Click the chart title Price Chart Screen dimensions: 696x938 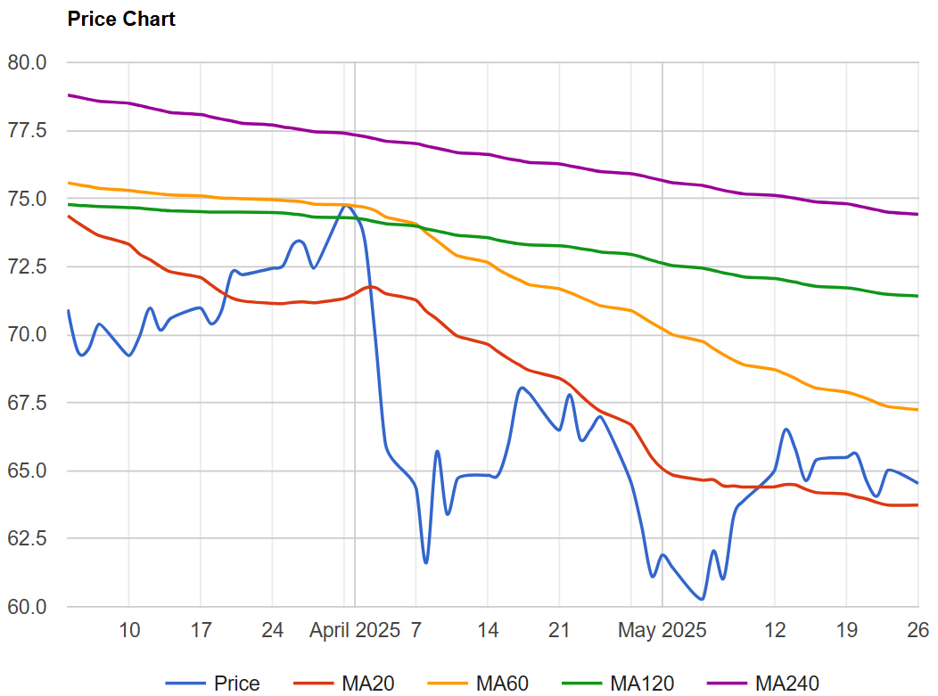point(121,19)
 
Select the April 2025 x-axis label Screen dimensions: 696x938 point(355,631)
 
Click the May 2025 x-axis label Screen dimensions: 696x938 point(662,631)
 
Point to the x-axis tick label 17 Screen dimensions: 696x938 point(202,631)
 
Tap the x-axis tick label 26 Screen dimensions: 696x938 point(918,631)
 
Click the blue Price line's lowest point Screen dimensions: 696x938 point(702,599)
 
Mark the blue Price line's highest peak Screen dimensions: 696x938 point(346,206)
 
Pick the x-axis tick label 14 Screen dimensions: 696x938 point(488,631)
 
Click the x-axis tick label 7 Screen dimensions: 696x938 point(416,631)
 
